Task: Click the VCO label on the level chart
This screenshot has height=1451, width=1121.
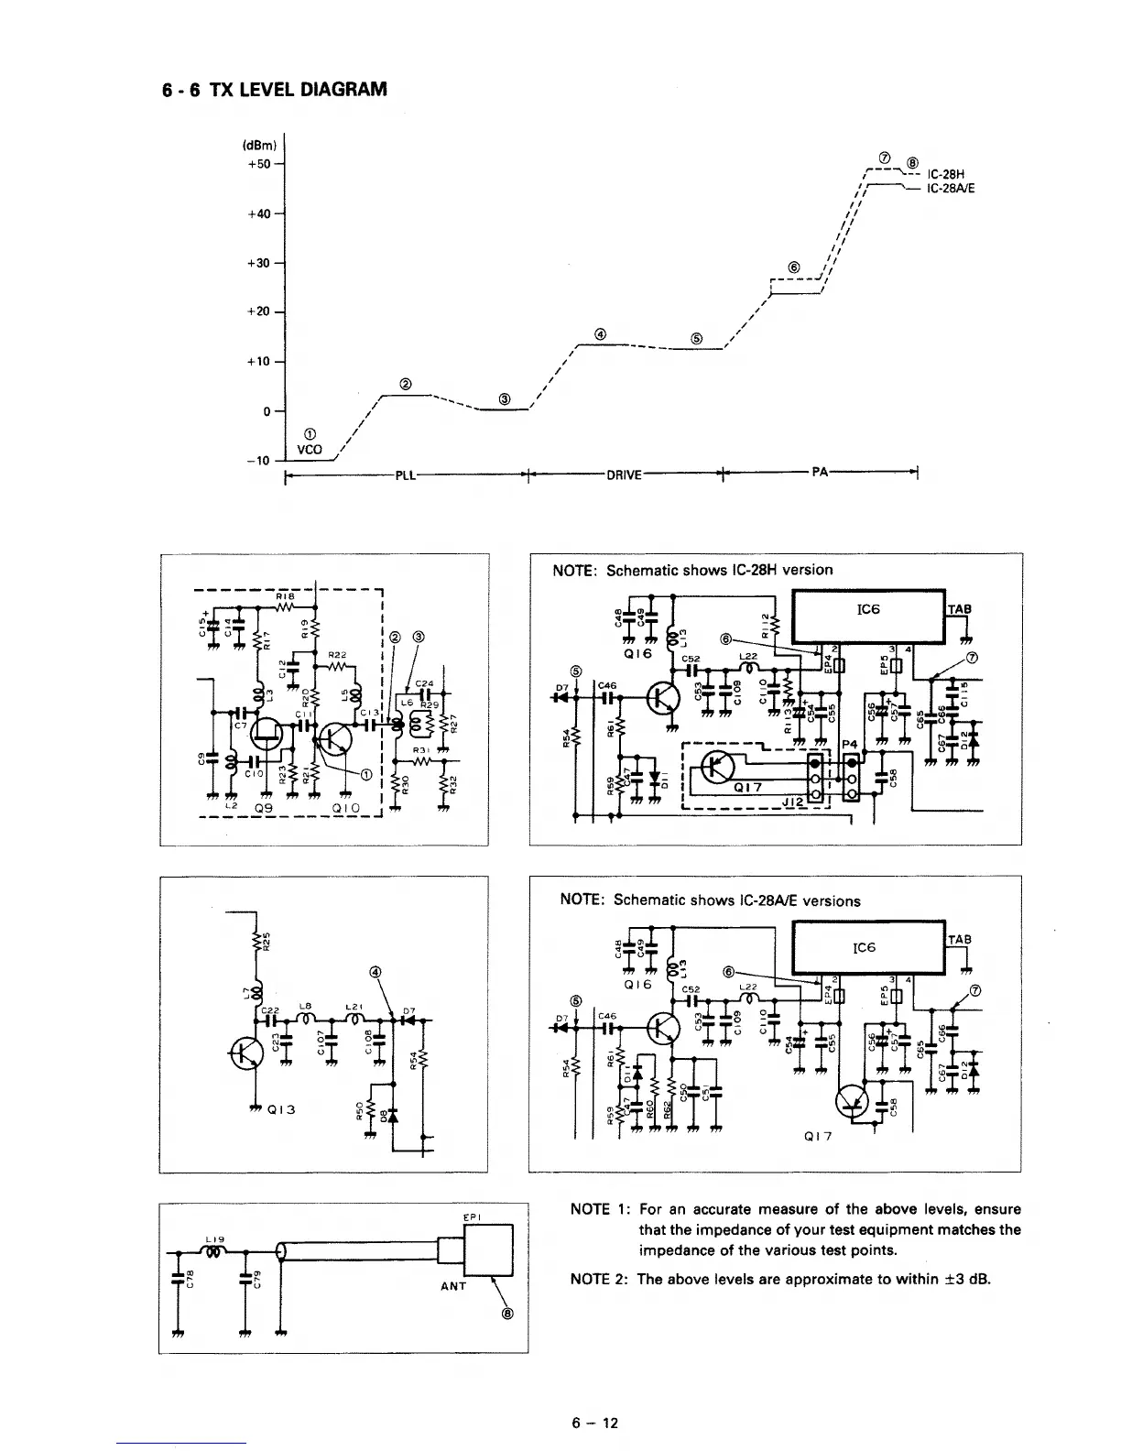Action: pyautogui.click(x=308, y=450)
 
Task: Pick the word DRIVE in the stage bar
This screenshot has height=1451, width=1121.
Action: pyautogui.click(x=624, y=475)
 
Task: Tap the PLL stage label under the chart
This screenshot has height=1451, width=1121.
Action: pyautogui.click(x=407, y=475)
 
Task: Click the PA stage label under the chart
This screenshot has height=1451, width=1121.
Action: pyautogui.click(x=820, y=472)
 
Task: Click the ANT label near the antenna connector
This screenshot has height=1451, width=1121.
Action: pyautogui.click(x=452, y=1285)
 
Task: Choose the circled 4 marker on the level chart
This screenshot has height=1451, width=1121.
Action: pyautogui.click(x=600, y=333)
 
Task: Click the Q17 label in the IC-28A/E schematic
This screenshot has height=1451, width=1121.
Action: pyautogui.click(x=818, y=1137)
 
